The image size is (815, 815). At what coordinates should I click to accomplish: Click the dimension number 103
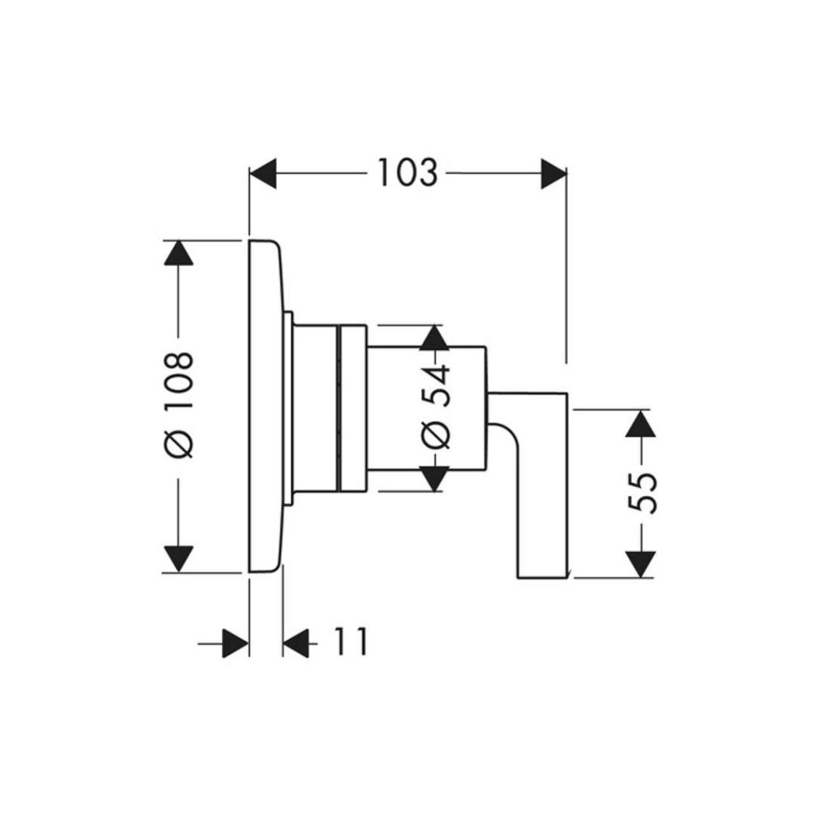tap(407, 173)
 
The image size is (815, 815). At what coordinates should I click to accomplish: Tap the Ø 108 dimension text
tap(181, 404)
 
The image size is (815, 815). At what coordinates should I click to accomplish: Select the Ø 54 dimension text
tap(435, 407)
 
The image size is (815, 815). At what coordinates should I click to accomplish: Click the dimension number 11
tap(350, 642)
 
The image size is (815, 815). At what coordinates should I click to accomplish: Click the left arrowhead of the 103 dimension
tap(263, 174)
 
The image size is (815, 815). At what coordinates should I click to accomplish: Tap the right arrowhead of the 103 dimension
tap(553, 174)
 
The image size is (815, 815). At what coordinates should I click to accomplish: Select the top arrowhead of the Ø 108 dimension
tap(178, 253)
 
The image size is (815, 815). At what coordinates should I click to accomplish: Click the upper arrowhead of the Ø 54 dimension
tap(434, 337)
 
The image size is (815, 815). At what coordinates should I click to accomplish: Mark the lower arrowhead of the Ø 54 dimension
tap(434, 478)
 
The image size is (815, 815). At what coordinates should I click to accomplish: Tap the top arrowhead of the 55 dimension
tap(640, 423)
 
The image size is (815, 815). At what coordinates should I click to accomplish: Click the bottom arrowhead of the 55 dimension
tap(640, 564)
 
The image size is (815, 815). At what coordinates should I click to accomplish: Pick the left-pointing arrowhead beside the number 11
tap(296, 642)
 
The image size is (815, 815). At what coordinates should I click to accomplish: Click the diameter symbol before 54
tap(435, 435)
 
